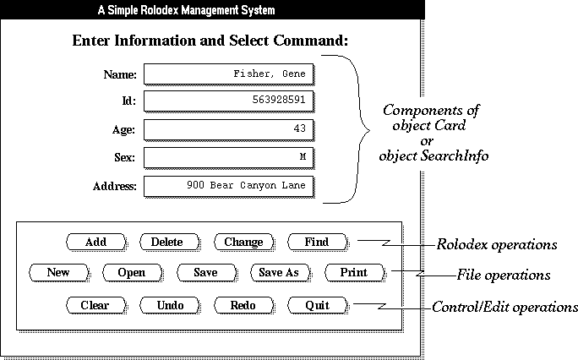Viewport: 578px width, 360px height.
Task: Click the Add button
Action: [95, 242]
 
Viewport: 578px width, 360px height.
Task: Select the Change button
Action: [243, 242]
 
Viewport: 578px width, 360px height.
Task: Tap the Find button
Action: [317, 242]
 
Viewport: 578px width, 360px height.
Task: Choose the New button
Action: [58, 273]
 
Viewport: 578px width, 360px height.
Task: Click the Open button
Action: [132, 273]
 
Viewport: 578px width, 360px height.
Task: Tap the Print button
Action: [354, 273]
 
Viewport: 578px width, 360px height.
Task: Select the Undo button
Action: [170, 305]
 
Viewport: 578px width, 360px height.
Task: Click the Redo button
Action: [243, 305]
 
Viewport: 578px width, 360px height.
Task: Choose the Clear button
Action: [95, 305]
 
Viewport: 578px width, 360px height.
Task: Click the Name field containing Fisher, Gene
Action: [228, 74]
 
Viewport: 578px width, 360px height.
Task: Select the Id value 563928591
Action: [279, 100]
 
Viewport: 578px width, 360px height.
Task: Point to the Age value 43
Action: [300, 128]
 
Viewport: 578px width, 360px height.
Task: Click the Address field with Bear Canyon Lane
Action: [228, 187]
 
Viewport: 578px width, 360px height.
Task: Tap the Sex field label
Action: [124, 158]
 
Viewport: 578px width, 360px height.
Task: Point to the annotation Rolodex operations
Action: [497, 245]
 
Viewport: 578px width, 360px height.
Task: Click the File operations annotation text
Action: [504, 275]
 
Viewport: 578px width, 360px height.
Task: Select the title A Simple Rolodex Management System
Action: [186, 10]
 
